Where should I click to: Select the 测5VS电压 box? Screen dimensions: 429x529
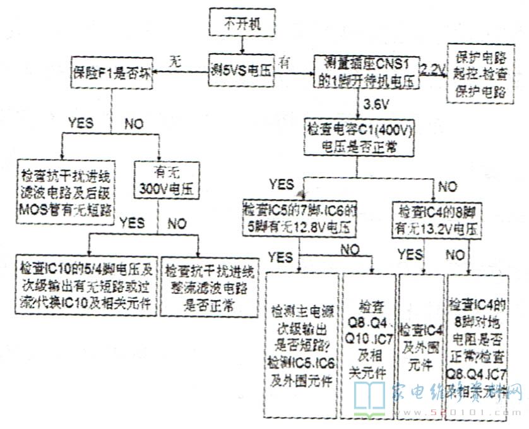pyautogui.click(x=242, y=71)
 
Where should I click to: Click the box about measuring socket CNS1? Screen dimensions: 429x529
pyautogui.click(x=367, y=71)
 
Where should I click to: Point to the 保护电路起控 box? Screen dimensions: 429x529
pyautogui.click(x=478, y=73)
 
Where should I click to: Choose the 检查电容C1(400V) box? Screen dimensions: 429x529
pyautogui.click(x=359, y=136)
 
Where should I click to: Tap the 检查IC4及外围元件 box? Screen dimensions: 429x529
pyautogui.click(x=421, y=346)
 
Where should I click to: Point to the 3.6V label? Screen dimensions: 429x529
pyautogui.click(x=376, y=103)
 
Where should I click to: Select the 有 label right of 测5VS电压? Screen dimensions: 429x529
pyautogui.click(x=285, y=63)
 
